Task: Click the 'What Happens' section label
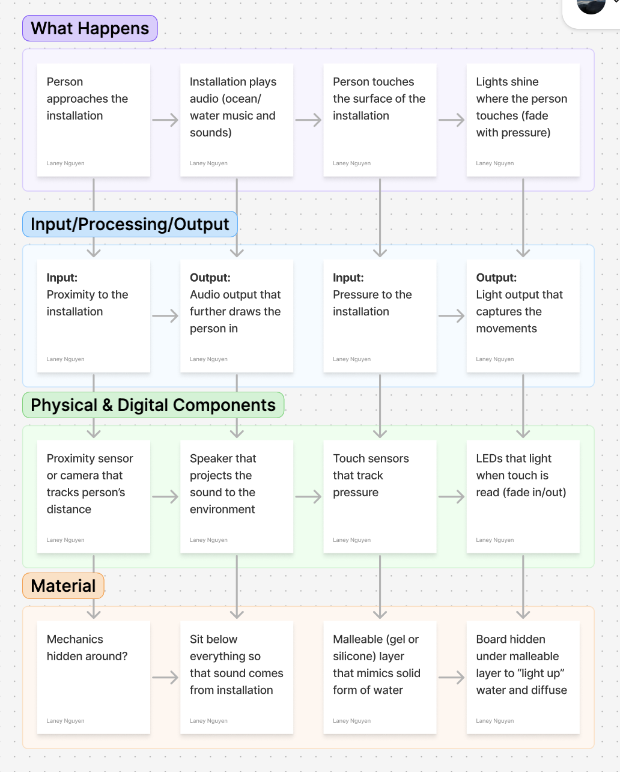90,28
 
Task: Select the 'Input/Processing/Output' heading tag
130,224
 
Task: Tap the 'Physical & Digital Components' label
153,405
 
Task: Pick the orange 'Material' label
63,586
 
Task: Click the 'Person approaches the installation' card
93,120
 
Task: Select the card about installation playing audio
236,120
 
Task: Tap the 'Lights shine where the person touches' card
523,120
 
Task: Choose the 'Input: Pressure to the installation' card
380,315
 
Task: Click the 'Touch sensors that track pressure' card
380,496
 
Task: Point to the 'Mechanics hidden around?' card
93,677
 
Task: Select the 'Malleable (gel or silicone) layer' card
380,677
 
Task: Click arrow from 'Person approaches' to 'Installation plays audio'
165,120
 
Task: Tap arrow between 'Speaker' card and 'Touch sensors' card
308,497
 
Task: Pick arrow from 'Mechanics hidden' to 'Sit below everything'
165,678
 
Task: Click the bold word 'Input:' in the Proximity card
62,278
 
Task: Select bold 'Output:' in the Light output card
496,278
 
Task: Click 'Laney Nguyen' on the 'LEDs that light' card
495,540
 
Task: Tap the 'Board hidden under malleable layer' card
523,677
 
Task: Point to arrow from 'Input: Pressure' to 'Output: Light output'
451,316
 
